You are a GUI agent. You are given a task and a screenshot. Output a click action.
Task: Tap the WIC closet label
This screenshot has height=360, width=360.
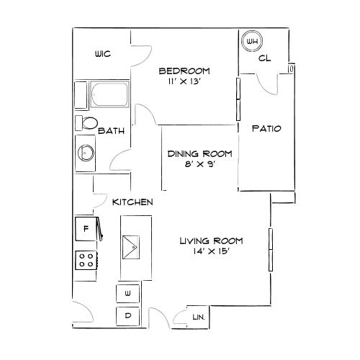103,54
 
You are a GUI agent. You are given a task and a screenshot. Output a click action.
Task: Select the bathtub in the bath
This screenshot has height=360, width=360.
109,94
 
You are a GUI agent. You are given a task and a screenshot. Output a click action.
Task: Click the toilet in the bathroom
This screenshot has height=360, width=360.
86,123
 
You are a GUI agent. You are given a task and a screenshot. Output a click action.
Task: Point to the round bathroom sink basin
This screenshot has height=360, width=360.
86,153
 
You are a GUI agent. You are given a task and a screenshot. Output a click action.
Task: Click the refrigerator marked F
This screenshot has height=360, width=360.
86,229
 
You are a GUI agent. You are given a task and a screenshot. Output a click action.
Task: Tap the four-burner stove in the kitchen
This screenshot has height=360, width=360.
86,260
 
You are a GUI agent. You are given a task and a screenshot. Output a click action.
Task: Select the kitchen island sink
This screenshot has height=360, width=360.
131,247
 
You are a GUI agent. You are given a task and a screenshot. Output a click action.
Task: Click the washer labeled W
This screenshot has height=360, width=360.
128,294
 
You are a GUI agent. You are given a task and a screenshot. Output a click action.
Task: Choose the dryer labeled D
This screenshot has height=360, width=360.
128,316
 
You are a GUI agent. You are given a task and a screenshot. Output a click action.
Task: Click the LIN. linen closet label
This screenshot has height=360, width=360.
199,318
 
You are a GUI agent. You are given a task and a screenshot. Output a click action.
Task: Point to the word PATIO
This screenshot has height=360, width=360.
266,129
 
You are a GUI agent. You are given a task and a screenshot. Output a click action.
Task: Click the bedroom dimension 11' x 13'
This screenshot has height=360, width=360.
184,81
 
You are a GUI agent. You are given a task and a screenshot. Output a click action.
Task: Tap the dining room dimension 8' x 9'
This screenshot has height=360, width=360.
199,164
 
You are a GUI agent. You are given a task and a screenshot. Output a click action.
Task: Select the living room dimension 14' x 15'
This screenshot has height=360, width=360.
212,251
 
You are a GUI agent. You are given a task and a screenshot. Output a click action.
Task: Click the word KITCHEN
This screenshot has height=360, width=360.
132,202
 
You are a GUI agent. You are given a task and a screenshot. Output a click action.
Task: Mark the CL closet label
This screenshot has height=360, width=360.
264,58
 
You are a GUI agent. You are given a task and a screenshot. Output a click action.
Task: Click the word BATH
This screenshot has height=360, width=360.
112,131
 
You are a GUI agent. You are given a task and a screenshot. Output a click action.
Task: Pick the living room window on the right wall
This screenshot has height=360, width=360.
271,250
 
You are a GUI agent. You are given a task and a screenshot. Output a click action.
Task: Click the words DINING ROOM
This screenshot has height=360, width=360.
200,154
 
